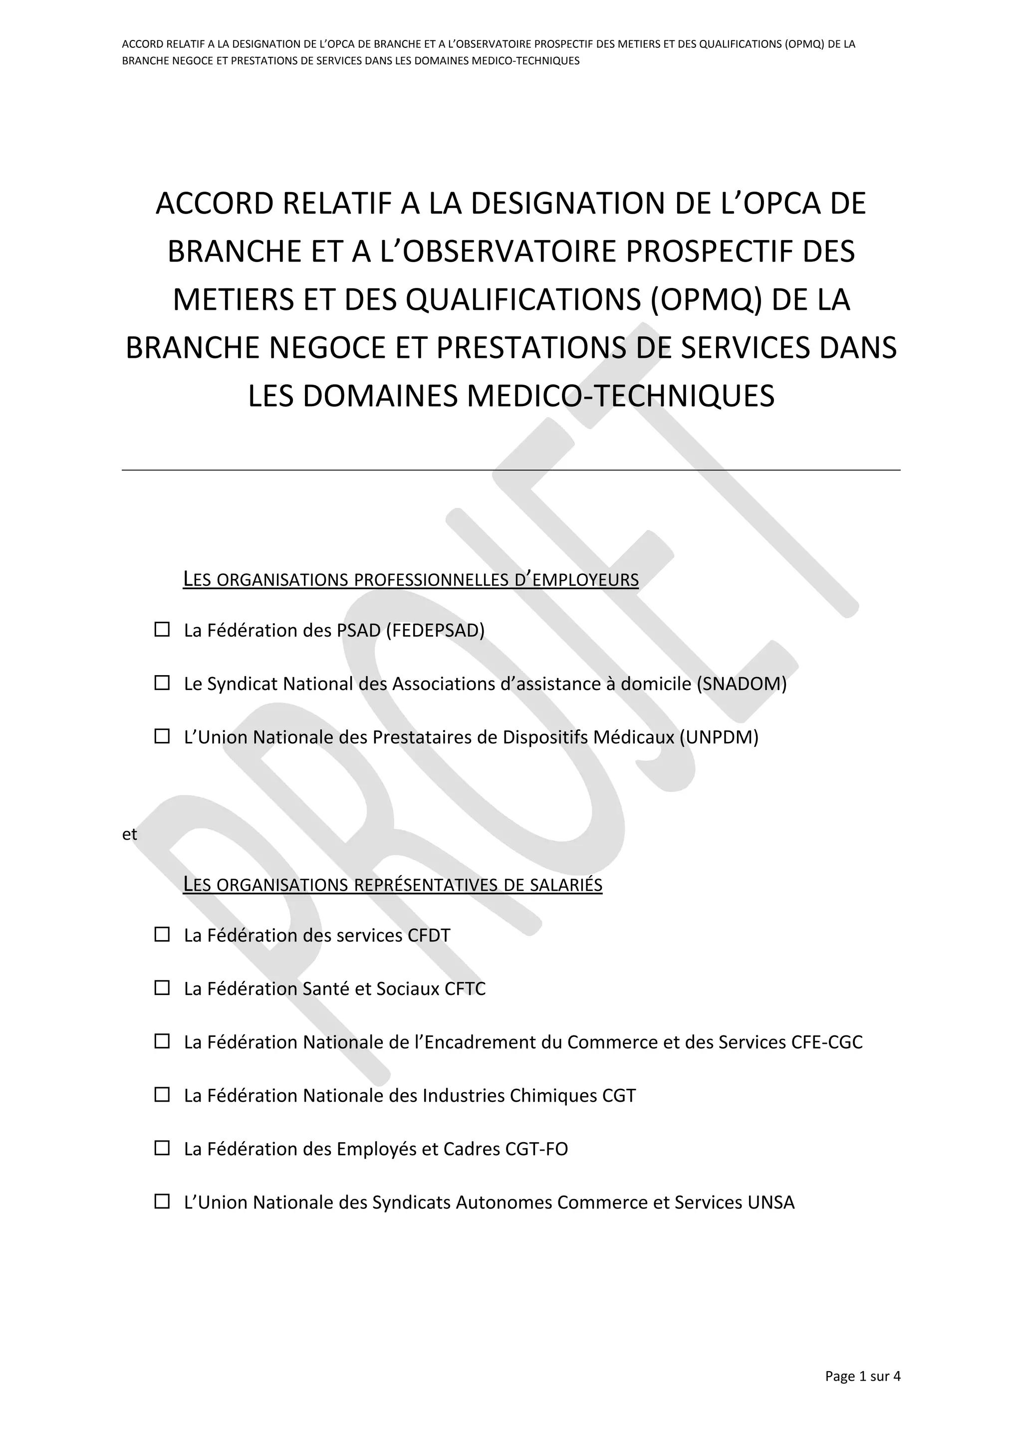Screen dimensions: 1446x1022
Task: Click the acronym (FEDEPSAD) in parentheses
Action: pyautogui.click(x=435, y=630)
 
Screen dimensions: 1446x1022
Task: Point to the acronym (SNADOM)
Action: pyautogui.click(x=741, y=684)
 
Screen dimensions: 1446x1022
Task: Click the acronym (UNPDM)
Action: pyautogui.click(x=719, y=737)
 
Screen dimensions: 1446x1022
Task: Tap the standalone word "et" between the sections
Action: pyautogui.click(x=129, y=834)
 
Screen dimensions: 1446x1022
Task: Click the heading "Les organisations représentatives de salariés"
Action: pyautogui.click(x=392, y=885)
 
